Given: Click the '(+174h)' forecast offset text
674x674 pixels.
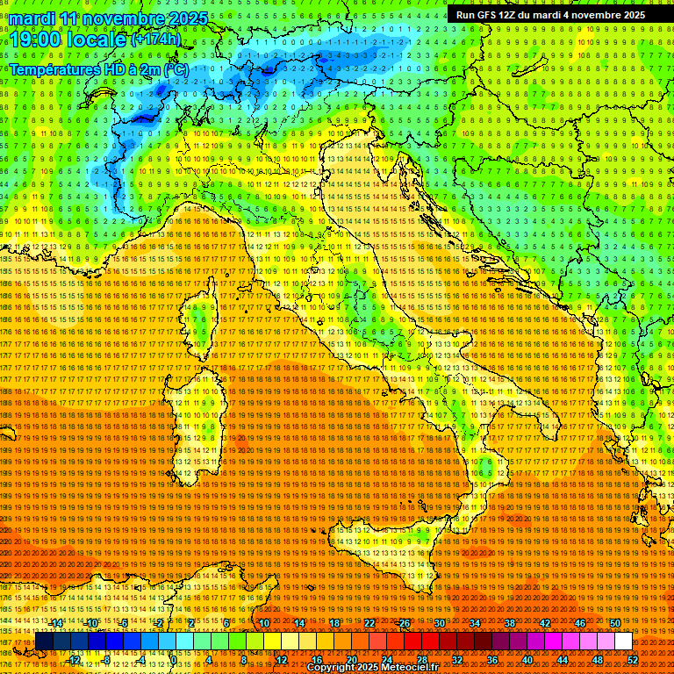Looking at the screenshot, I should pos(155,39).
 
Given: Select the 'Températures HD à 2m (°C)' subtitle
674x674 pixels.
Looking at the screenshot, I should pos(98,69).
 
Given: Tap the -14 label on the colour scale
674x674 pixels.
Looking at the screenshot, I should pos(56,623).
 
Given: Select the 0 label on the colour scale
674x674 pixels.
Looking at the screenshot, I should pos(175,659).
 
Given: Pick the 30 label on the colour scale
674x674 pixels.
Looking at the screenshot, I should pos(439,623).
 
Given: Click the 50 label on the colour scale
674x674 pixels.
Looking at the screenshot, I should pos(614,623).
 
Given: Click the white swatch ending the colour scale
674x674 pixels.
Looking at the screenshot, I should pos(623,642).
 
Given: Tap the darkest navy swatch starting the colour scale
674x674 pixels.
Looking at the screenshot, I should pos(44,642).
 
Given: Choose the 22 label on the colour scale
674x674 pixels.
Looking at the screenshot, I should pos(369,623).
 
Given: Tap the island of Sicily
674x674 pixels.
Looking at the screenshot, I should pos(386,553).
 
